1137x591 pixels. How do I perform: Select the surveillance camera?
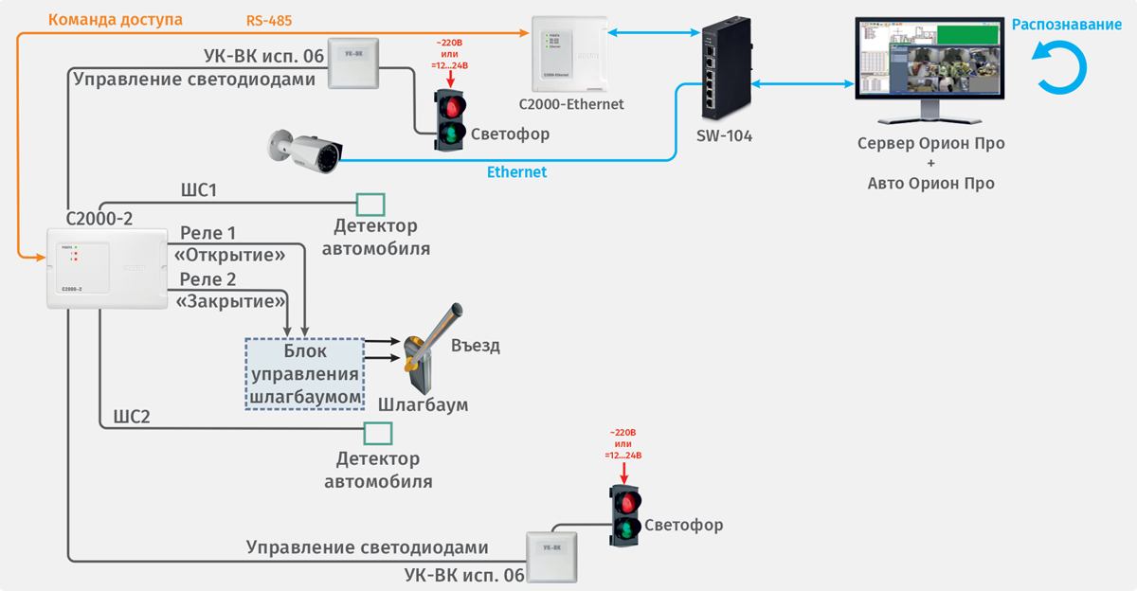307,149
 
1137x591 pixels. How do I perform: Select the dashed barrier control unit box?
305,373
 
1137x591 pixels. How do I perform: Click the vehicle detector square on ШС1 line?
370,204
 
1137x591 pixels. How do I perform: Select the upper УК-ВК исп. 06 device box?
353,63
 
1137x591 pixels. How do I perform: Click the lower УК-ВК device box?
551,556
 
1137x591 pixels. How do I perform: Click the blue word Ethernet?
516,172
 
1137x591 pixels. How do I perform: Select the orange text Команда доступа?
115,19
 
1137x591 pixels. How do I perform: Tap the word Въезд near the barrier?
476,346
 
